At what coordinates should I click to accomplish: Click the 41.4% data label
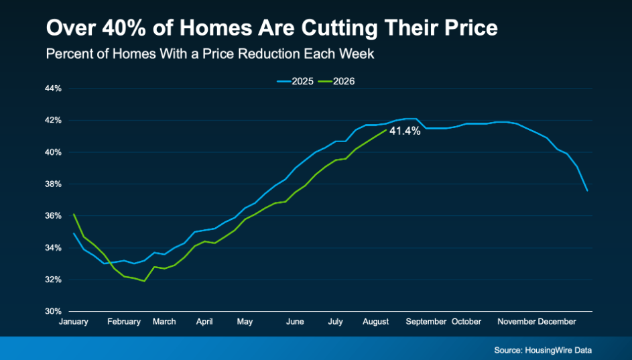[405, 131]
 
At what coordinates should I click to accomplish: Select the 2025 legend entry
[295, 81]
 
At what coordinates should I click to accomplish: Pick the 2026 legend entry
[336, 81]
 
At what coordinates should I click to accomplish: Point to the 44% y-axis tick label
[53, 88]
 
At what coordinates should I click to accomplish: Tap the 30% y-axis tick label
[53, 311]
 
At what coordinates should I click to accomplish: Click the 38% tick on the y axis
[53, 184]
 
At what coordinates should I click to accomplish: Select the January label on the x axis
[73, 322]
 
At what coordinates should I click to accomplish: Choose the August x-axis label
[376, 322]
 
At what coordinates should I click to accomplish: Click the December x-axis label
[557, 322]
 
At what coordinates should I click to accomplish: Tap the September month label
[426, 322]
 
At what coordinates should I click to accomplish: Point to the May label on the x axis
[245, 322]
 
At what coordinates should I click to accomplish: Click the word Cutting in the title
[340, 28]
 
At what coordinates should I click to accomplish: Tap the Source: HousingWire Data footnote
[543, 350]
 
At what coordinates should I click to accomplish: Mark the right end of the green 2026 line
[386, 130]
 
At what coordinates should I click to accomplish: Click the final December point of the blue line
[587, 190]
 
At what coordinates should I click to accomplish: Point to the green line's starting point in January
[73, 214]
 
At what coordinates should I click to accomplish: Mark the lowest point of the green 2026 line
[144, 281]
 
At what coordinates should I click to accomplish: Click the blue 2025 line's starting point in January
[73, 233]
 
